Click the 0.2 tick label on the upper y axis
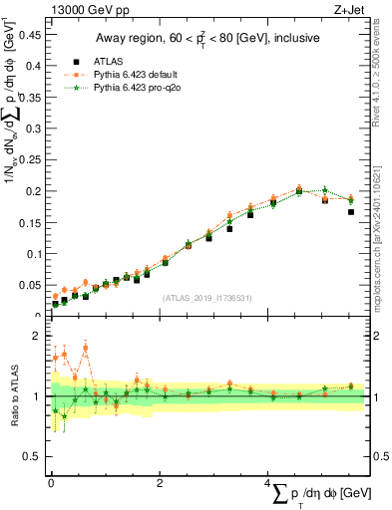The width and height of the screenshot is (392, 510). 34,190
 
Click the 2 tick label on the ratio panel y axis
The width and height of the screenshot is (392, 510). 39,336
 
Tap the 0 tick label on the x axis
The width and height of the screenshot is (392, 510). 51,482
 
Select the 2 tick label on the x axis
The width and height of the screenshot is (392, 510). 160,482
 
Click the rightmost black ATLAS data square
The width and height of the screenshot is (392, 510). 351,212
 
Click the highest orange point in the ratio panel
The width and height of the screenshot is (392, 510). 86,348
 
